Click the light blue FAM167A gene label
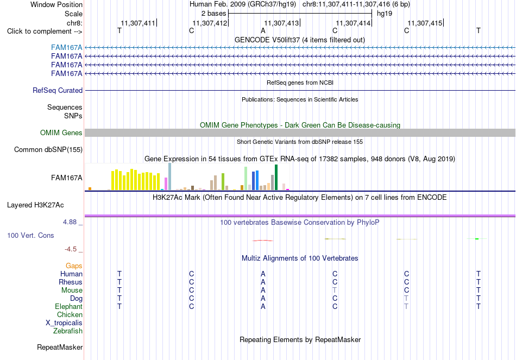[x=66, y=48]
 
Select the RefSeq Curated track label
[x=58, y=91]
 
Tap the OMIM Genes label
[x=61, y=132]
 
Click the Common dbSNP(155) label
[x=48, y=150]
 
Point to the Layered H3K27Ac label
[x=35, y=205]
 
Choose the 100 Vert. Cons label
[x=30, y=235]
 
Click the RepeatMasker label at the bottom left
[x=60, y=347]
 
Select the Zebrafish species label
[x=68, y=331]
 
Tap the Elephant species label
[x=69, y=306]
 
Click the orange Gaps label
[x=74, y=266]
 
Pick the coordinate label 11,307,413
[x=281, y=23]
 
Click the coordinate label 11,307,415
[x=425, y=23]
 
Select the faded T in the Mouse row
[x=335, y=290]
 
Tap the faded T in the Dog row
[x=406, y=299]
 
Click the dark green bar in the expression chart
[x=276, y=178]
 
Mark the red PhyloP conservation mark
[x=262, y=241]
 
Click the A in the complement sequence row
[x=263, y=31]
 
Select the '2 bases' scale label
[x=214, y=14]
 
